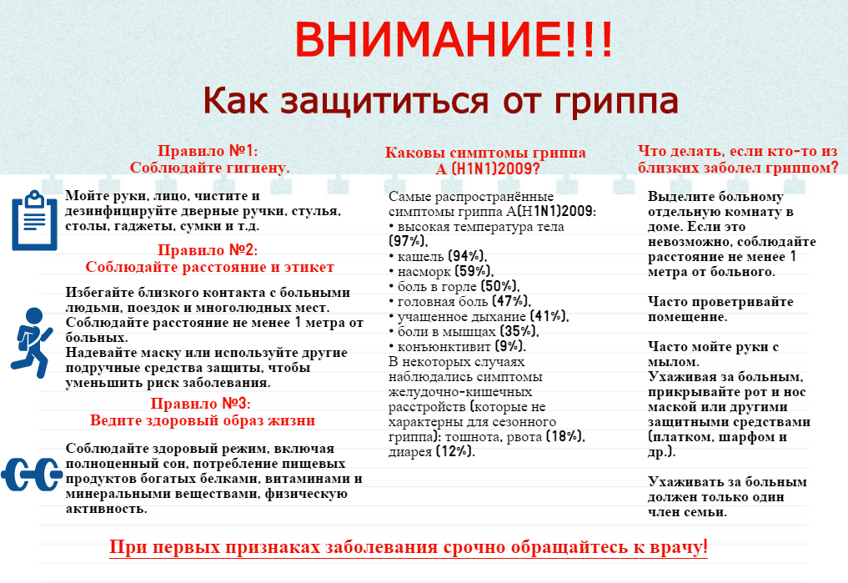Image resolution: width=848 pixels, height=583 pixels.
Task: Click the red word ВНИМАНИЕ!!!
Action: point(454,39)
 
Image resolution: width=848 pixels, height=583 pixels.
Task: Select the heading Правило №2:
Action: point(208,250)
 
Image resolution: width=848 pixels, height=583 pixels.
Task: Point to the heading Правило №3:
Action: point(201,404)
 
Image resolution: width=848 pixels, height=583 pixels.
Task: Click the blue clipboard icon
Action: point(35,220)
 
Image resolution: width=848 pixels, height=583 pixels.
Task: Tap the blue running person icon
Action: point(32,342)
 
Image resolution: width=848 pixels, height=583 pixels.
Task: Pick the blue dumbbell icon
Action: point(32,475)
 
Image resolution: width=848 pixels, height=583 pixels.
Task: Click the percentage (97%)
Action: point(408,241)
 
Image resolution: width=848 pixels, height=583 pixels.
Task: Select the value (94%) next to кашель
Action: point(468,256)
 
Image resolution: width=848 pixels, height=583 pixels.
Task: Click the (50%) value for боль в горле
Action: point(500,286)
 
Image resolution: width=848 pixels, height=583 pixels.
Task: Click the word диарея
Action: point(410,452)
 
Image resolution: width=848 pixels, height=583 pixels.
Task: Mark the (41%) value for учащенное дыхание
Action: point(549,316)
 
